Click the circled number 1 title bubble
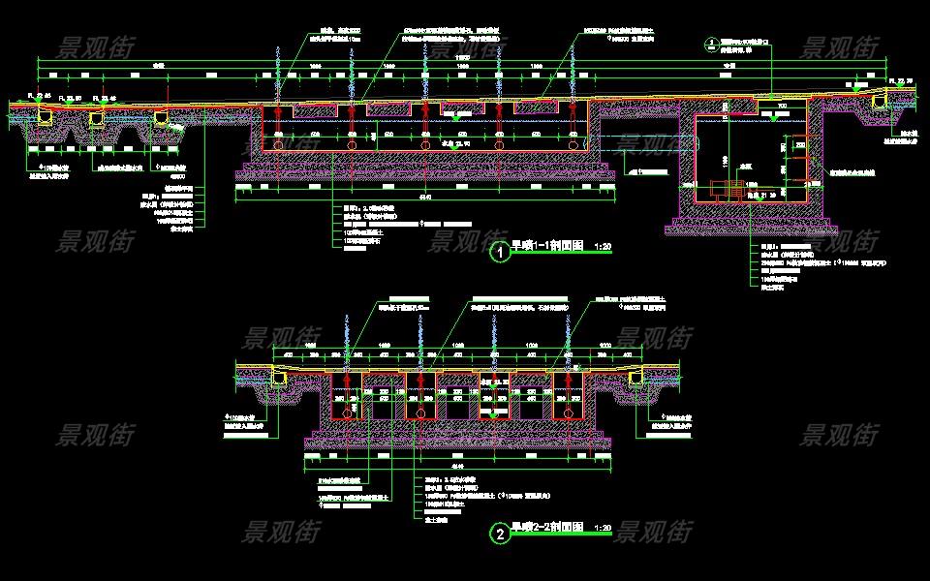click(499, 253)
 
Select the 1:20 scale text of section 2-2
click(602, 529)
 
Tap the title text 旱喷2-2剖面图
click(547, 528)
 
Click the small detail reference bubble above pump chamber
click(710, 43)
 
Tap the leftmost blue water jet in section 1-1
click(279, 73)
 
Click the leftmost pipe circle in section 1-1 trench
click(279, 144)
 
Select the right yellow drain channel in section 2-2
click(636, 378)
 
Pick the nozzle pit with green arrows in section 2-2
click(494, 397)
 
